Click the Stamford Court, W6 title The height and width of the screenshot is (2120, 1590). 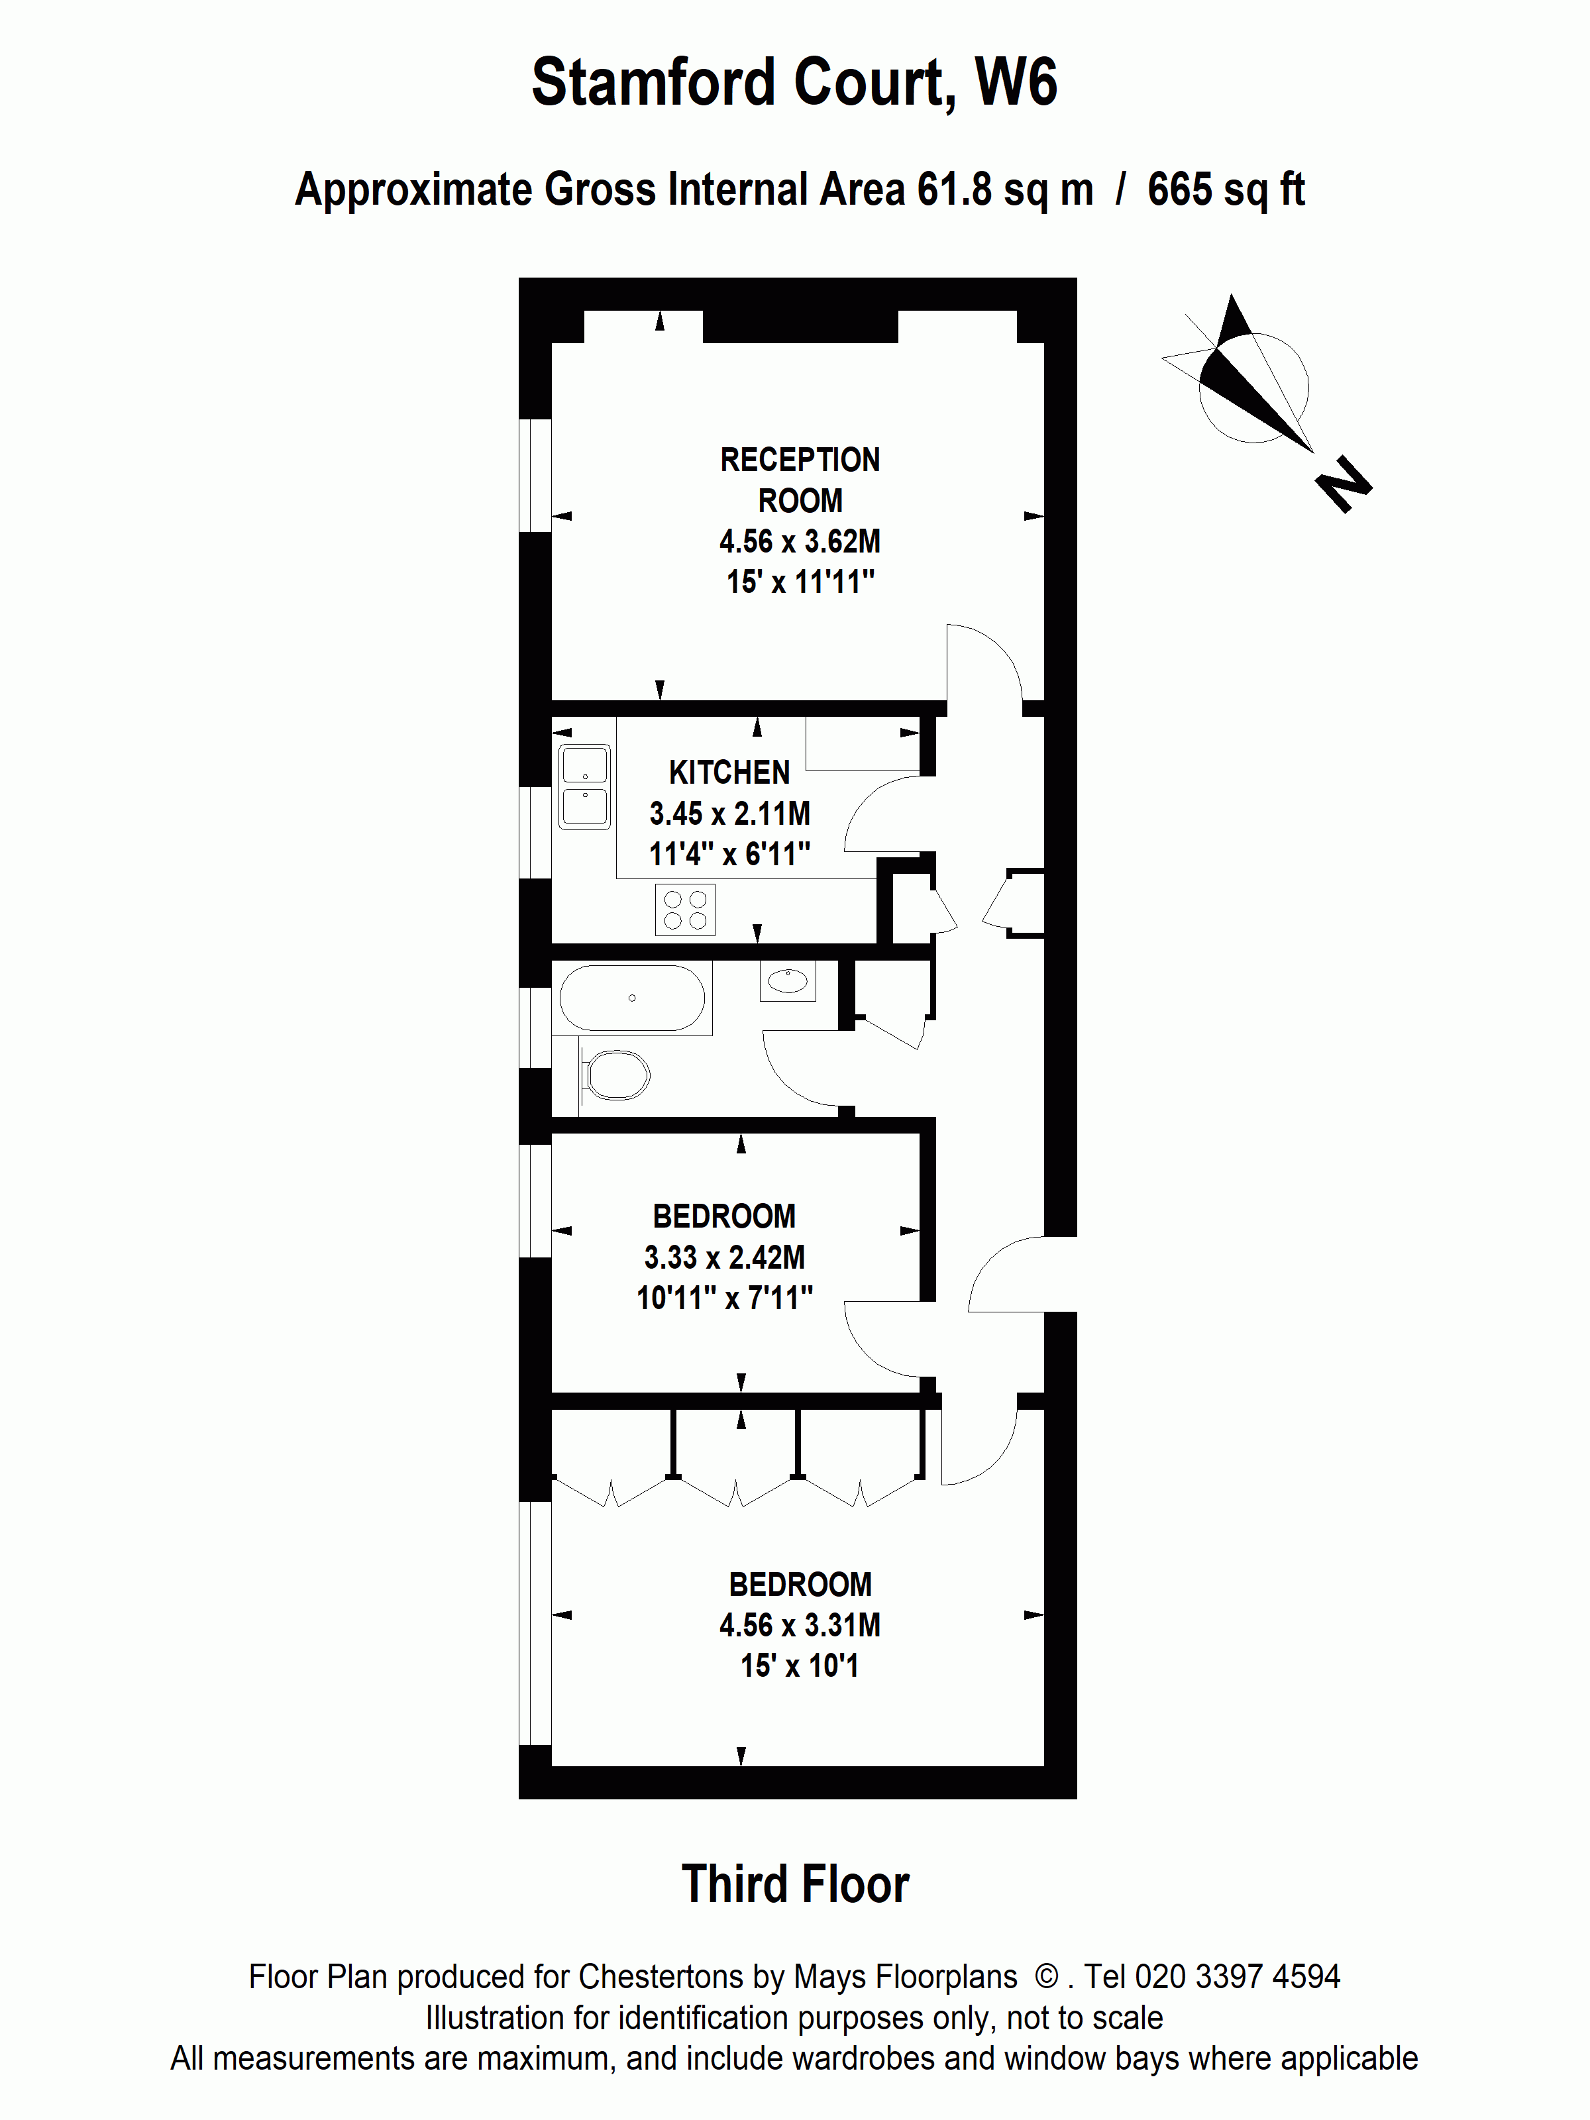(x=794, y=83)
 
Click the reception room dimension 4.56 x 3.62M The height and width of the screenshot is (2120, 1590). (x=800, y=541)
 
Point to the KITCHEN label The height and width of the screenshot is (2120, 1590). (x=729, y=772)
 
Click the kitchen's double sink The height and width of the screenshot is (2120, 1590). (x=584, y=787)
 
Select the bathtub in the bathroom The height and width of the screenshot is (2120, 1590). (x=631, y=998)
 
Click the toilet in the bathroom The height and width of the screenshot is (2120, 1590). (x=616, y=1075)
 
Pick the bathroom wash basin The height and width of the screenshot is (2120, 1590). (x=788, y=980)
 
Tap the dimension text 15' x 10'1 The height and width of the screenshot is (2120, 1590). (x=800, y=1666)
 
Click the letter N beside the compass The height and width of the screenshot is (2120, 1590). (x=1345, y=485)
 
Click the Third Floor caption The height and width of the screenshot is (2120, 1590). (x=794, y=1884)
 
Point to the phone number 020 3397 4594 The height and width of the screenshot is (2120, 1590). (x=1236, y=1976)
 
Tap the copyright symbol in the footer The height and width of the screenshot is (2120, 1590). (x=1047, y=1976)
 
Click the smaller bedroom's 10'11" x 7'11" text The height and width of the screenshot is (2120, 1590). (x=725, y=1298)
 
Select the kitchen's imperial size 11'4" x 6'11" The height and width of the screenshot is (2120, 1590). (x=729, y=854)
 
